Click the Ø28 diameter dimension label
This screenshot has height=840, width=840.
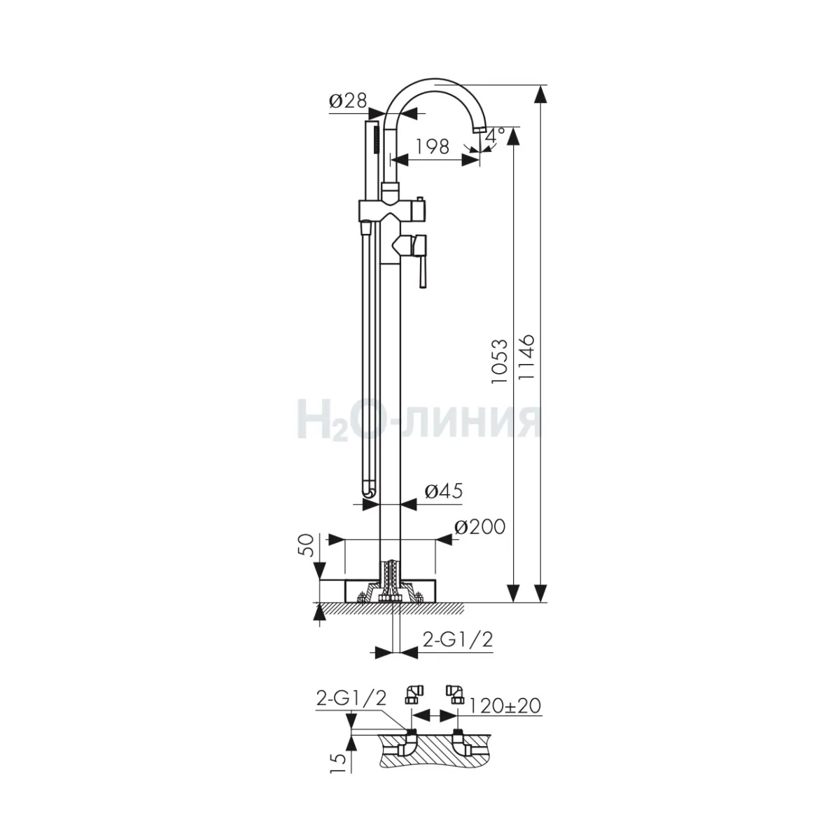(348, 101)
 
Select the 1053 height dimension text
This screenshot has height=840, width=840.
(500, 361)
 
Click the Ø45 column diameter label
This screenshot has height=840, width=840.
(443, 491)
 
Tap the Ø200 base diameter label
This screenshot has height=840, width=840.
(479, 527)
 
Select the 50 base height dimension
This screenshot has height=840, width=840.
(308, 545)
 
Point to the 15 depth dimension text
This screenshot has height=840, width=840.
(339, 763)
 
